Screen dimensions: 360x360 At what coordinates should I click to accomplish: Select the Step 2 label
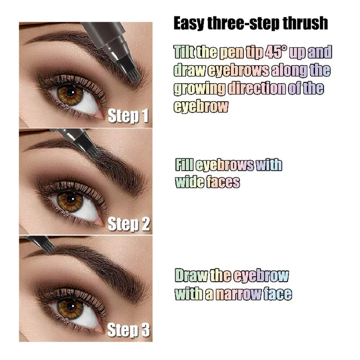pyautogui.click(x=128, y=224)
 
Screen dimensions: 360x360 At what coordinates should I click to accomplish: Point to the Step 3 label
pyautogui.click(x=128, y=331)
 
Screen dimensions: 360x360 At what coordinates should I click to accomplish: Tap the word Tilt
pyautogui.click(x=184, y=53)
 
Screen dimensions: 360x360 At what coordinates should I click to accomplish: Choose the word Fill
pyautogui.click(x=184, y=165)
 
